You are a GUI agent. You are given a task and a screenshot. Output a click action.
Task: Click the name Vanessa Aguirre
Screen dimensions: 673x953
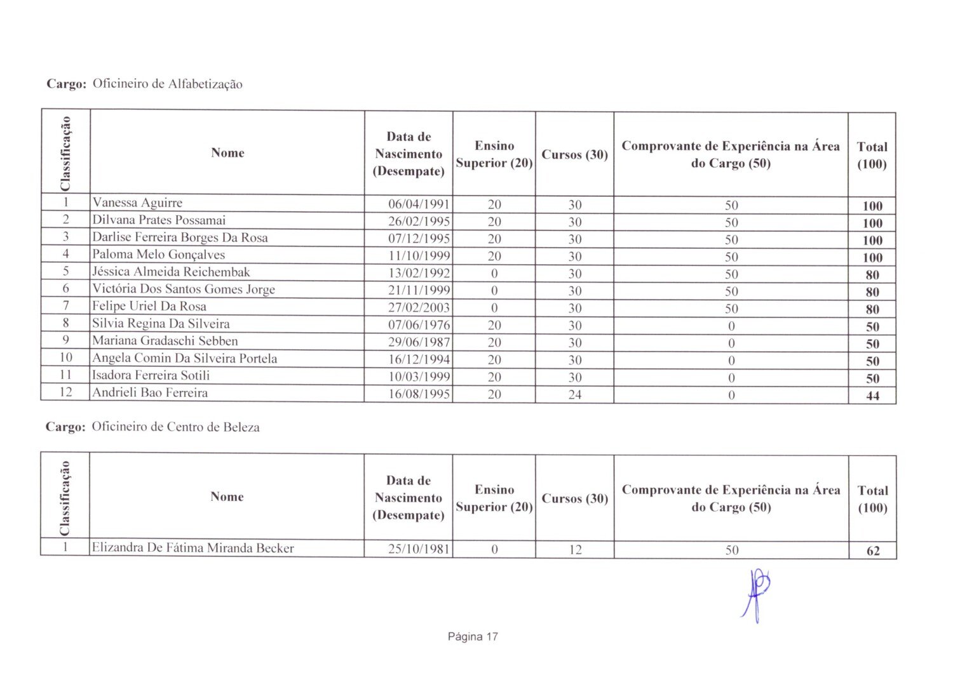(137, 203)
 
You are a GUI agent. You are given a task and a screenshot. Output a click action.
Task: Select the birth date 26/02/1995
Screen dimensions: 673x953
(419, 222)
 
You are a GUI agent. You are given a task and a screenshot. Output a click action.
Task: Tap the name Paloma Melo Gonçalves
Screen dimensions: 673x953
(159, 255)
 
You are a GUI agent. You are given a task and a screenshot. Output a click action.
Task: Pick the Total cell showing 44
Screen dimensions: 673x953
(872, 396)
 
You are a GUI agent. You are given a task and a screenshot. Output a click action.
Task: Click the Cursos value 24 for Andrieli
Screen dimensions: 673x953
(574, 394)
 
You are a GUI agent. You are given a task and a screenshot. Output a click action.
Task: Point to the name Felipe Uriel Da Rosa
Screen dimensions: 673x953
(149, 307)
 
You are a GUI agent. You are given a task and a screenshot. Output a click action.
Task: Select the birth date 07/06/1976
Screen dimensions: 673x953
(419, 325)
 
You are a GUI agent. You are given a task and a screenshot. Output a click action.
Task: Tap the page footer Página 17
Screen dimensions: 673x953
(473, 637)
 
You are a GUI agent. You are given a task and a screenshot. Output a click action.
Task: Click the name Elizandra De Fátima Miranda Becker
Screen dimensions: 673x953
(193, 548)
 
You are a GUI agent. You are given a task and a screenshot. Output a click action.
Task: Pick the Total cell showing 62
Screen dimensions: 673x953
(873, 550)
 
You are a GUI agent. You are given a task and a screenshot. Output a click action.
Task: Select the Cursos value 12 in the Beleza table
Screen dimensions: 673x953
(574, 550)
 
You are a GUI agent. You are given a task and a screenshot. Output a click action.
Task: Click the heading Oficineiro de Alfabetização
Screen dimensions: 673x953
(167, 84)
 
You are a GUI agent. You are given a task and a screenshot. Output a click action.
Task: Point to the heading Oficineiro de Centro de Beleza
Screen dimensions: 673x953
(175, 427)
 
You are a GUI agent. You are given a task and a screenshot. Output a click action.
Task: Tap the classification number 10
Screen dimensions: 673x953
(65, 358)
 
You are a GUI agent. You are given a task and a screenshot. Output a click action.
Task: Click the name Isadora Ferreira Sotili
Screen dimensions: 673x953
(151, 375)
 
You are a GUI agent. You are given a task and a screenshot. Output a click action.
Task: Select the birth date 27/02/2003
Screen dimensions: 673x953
(419, 308)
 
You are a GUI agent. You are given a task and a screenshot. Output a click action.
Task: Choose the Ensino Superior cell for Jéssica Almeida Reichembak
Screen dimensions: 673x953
(494, 274)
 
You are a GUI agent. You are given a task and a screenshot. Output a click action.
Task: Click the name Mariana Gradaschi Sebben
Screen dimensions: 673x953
(165, 341)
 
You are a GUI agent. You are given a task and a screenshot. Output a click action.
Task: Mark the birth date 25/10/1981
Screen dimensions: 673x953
(419, 549)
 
